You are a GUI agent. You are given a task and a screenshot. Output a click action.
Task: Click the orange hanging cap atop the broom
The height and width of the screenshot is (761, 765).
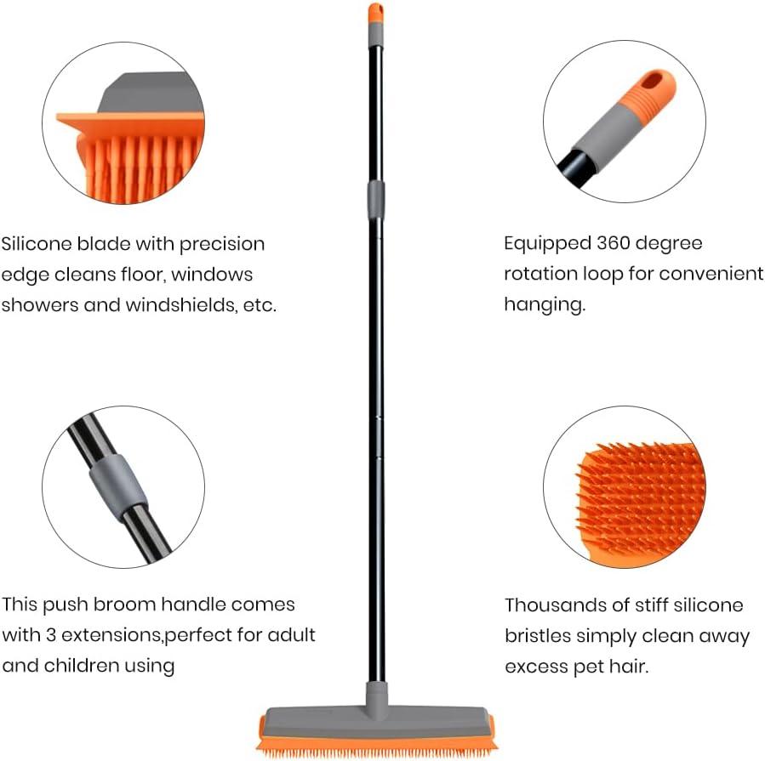[375, 12]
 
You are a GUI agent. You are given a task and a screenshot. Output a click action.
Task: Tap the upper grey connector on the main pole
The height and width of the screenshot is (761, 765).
[375, 200]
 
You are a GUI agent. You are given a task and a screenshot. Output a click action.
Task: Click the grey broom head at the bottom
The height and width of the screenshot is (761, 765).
[374, 718]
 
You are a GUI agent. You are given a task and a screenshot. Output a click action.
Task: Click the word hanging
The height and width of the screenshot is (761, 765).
[544, 305]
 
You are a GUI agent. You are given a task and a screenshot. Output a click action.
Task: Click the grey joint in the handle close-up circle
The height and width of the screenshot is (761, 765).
[119, 484]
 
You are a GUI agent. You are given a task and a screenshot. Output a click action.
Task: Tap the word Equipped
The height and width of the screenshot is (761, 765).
[545, 244]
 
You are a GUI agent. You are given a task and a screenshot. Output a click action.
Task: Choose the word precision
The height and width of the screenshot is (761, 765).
[222, 244]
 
